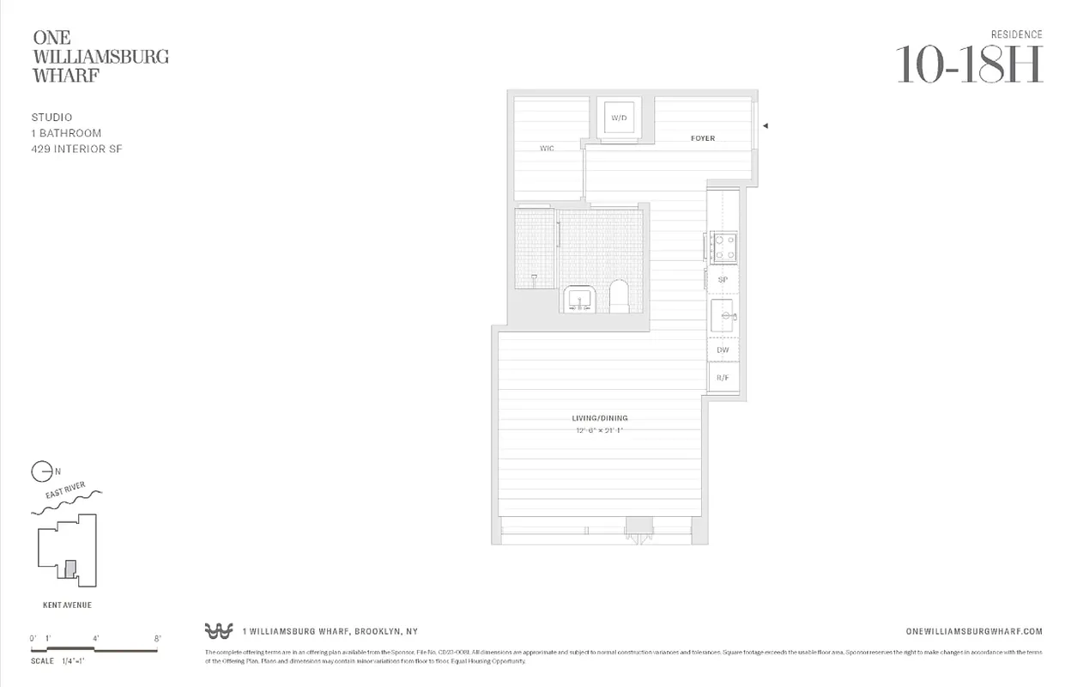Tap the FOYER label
[x=703, y=138]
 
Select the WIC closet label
[x=547, y=149]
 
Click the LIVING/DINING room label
[x=600, y=418]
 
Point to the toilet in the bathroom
[x=619, y=297]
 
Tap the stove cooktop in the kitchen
[x=723, y=247]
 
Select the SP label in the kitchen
[x=723, y=280]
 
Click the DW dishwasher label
[x=723, y=350]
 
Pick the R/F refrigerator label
[x=723, y=377]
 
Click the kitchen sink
[x=723, y=317]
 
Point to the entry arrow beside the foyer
[x=765, y=125]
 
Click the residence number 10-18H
[x=969, y=64]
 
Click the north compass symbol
[x=39, y=471]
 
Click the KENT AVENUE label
[x=67, y=605]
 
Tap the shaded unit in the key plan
[x=70, y=568]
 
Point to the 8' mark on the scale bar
[x=157, y=638]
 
